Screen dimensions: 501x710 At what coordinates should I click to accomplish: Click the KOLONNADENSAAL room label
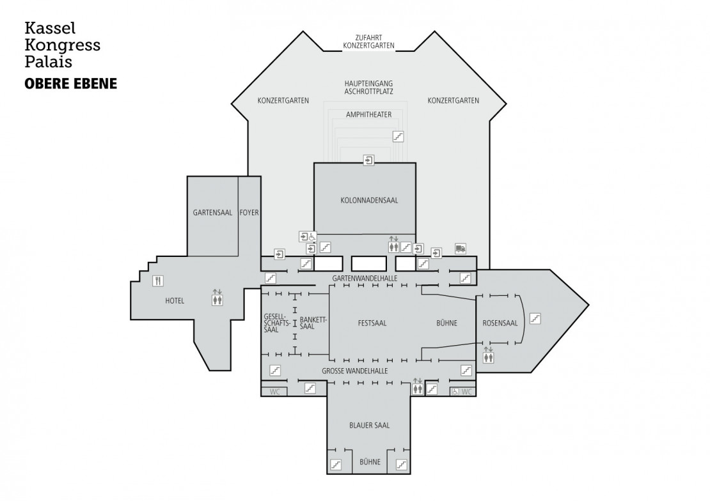click(365, 200)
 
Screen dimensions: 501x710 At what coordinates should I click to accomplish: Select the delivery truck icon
click(460, 248)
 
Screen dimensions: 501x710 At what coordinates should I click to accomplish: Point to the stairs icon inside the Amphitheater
click(398, 136)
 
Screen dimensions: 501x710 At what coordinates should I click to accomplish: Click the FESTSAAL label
click(372, 323)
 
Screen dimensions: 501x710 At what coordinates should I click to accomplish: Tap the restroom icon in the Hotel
click(218, 297)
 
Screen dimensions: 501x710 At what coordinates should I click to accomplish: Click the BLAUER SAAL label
click(369, 425)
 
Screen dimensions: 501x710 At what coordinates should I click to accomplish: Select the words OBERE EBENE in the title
click(70, 84)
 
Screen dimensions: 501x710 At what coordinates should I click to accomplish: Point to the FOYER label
click(249, 212)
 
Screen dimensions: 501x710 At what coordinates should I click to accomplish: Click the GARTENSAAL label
click(212, 212)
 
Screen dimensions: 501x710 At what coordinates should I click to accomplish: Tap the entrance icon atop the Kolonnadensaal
click(369, 160)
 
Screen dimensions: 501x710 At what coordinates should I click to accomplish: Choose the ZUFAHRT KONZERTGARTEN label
click(368, 42)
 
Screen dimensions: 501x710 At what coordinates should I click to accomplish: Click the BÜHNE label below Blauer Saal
click(370, 461)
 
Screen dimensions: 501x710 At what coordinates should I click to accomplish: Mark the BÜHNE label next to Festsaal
click(446, 323)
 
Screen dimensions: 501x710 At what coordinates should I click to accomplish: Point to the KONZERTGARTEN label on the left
click(283, 100)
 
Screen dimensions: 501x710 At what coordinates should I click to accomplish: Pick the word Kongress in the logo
click(62, 45)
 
